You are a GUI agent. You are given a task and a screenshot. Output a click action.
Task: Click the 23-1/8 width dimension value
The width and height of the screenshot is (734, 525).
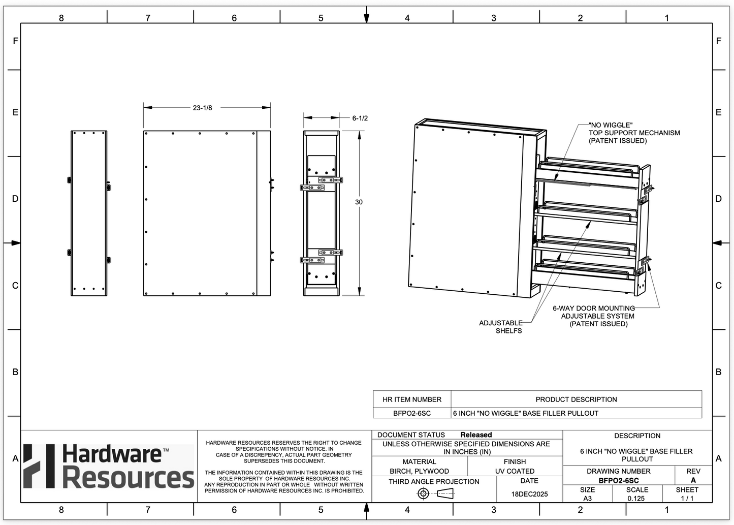coord(202,108)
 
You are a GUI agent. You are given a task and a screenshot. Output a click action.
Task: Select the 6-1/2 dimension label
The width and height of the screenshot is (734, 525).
coord(360,118)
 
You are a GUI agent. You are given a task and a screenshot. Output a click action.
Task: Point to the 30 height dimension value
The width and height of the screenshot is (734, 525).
coord(359,202)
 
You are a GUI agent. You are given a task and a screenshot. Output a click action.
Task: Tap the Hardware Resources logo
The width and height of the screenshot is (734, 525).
coord(109,466)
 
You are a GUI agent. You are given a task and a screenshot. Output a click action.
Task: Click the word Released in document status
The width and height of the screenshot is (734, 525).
coord(476,435)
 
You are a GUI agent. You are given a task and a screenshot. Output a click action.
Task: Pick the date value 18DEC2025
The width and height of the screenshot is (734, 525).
coord(529,494)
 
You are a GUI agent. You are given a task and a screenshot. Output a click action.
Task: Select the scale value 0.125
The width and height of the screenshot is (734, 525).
coord(636,499)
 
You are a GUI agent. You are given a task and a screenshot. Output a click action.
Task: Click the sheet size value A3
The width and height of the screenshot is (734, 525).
coord(587,499)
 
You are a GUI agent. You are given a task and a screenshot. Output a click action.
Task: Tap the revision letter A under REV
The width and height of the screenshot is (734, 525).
coord(693,480)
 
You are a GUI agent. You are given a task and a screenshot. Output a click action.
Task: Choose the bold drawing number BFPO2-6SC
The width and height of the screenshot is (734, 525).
coord(619,480)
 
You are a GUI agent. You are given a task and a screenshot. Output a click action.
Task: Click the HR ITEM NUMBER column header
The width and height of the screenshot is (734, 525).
coord(412,399)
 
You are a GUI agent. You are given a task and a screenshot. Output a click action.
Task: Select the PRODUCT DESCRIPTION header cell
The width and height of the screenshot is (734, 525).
coord(576,399)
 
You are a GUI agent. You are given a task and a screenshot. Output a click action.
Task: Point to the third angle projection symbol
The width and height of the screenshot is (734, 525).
coord(435,493)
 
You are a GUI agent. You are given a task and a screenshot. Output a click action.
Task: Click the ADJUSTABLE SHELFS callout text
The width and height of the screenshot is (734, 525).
coord(501,327)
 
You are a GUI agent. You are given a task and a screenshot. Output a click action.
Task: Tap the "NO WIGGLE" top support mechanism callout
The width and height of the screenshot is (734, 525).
coord(634,133)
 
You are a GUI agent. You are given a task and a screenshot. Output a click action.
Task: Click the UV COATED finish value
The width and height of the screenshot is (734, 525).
coord(515,471)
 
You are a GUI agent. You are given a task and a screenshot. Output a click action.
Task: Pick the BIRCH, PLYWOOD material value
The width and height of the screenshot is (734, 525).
coord(420,471)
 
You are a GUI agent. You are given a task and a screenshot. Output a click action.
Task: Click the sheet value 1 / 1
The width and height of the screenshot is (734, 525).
coord(687,499)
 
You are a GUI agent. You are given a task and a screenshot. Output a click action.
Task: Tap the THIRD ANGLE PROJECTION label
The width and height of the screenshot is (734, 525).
coord(434,481)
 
